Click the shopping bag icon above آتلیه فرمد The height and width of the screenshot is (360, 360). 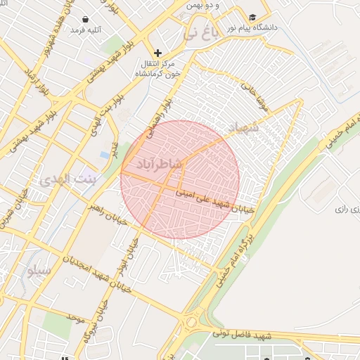(86, 19)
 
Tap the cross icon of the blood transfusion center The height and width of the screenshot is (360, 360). (157, 53)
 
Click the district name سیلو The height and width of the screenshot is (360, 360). (37, 270)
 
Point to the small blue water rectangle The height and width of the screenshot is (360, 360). (105, 154)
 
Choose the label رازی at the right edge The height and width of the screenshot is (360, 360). (342, 209)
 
